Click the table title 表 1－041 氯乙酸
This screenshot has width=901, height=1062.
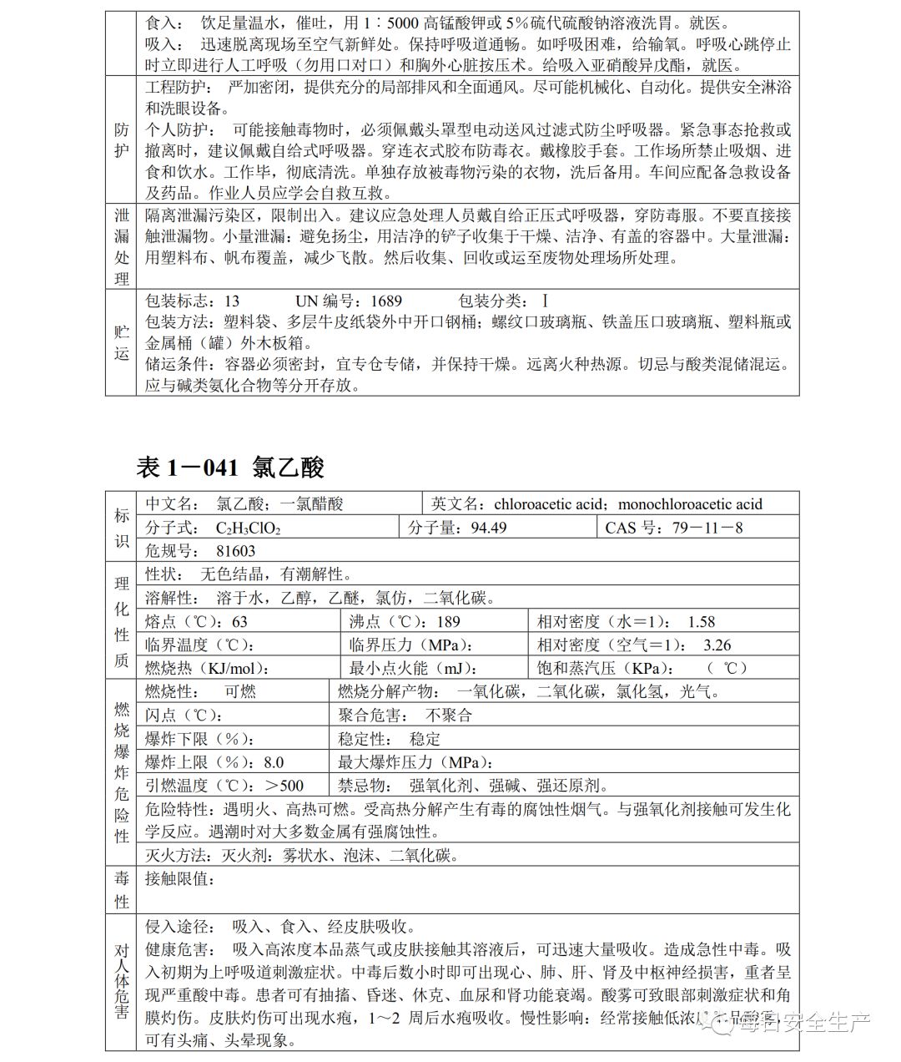coord(229,468)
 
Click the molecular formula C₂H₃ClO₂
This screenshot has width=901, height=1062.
coord(248,528)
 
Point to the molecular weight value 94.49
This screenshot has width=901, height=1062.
coord(488,528)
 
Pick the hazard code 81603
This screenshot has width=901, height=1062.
coord(235,551)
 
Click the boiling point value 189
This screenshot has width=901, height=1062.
coord(448,622)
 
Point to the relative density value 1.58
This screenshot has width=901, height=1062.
coord(701,622)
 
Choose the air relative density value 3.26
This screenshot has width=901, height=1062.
coord(717,645)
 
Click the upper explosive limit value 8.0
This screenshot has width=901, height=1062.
coord(273,762)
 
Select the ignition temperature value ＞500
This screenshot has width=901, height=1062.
coord(284,786)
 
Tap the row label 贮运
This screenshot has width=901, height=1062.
coord(122,342)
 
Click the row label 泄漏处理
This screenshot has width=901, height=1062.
coord(122,246)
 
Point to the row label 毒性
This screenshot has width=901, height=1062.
coord(122,890)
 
